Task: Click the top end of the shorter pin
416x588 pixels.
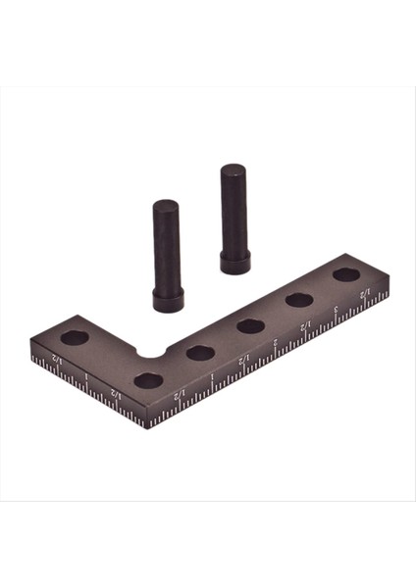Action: coord(163,206)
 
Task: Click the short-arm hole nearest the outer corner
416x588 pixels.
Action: coord(149,378)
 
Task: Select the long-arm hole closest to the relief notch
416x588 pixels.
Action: coord(201,352)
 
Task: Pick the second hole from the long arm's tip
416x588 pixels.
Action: coord(299,299)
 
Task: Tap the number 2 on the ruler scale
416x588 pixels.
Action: coord(275,343)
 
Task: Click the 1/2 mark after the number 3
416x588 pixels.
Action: coord(365,293)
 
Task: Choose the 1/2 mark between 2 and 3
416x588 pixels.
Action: coord(305,324)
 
